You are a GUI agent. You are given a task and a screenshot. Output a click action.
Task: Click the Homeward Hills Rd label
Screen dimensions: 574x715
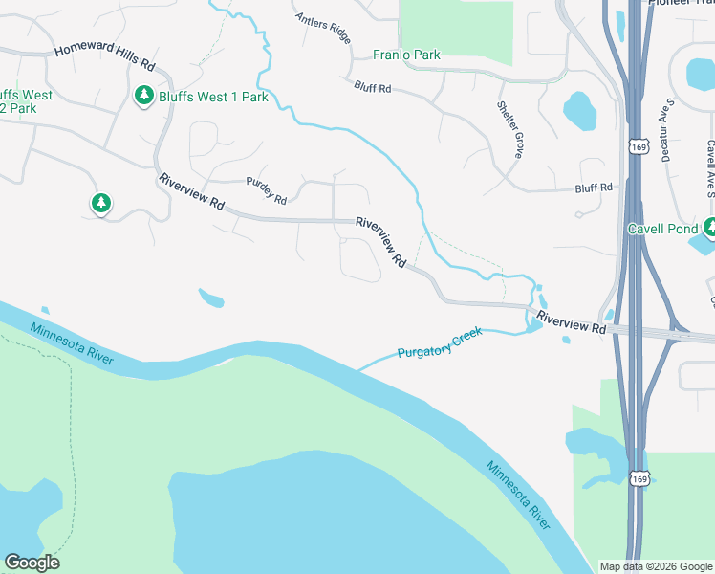(105, 57)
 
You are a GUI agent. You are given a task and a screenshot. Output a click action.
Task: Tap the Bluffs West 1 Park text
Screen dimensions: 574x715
(213, 97)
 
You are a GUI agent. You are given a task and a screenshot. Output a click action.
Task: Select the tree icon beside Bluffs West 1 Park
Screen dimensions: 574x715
(144, 96)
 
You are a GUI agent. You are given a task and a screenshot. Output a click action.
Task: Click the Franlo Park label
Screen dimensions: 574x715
(406, 55)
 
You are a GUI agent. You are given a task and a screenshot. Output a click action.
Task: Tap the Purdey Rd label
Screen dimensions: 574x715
(267, 195)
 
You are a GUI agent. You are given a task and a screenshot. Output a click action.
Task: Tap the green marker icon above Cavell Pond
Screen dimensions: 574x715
(709, 227)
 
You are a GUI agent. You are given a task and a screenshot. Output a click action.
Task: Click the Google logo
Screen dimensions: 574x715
(32, 563)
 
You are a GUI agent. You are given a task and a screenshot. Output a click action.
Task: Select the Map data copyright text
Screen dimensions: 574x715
(657, 565)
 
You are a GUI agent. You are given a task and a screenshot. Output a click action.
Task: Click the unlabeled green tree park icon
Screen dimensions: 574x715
(100, 203)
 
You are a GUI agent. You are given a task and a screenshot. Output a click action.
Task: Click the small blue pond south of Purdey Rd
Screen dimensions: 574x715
(211, 298)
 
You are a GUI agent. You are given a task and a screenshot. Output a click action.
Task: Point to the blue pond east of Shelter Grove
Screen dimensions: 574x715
(579, 110)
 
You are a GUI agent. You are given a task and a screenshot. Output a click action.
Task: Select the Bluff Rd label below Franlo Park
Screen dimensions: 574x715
(373, 87)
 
